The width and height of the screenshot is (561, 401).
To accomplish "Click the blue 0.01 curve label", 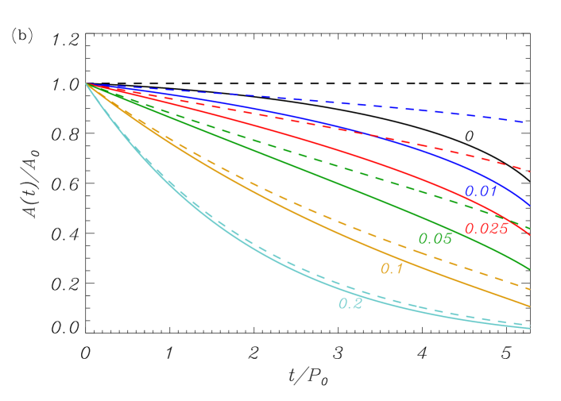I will [x=481, y=191].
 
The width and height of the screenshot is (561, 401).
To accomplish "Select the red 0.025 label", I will [x=486, y=229].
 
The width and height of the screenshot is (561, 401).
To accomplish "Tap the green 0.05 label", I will [x=435, y=239].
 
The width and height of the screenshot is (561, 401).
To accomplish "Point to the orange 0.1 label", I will [x=392, y=269].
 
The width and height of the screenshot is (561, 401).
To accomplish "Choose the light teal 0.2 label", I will [x=350, y=304].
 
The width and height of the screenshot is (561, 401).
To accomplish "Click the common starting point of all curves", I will [x=87, y=83].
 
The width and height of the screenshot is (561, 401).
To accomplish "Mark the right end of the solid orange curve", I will [x=529, y=306].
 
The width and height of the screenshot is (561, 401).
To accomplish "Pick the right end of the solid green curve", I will [x=529, y=268].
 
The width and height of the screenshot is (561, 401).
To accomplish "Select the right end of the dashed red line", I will [x=529, y=171].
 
